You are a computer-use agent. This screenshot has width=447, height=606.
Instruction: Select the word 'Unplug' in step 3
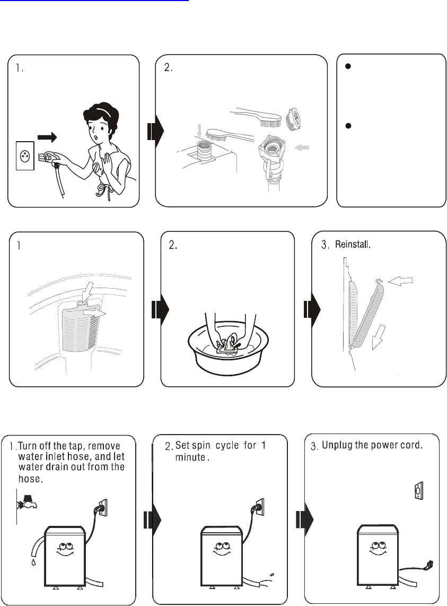coord(337,445)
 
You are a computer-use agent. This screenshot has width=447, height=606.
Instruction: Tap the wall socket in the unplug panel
coord(418,491)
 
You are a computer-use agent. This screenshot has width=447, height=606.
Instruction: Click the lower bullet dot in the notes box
coord(349,125)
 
